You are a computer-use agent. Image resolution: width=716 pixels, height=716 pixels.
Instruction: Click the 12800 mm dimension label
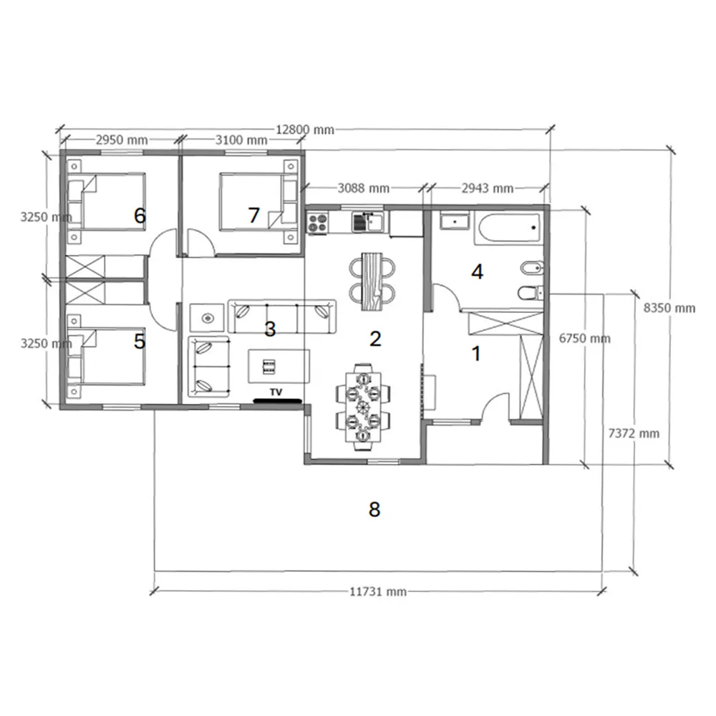tap(304, 130)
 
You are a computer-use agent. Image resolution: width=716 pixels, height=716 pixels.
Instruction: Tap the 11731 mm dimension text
tap(378, 592)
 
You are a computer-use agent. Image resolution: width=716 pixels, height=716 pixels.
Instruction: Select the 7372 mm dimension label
tap(634, 433)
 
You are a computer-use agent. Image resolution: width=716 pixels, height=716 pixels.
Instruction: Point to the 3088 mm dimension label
tap(364, 188)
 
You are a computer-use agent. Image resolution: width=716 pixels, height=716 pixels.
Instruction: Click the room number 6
tap(140, 216)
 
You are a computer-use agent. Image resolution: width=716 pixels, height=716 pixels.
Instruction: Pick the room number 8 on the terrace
tap(374, 509)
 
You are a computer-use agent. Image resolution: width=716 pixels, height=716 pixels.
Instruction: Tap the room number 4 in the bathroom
tap(477, 272)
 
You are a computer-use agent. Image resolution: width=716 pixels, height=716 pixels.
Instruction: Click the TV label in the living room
tap(276, 392)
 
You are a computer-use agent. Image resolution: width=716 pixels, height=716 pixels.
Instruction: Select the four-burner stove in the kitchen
tap(318, 223)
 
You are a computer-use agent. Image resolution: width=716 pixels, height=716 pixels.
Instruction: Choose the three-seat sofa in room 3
tap(281, 316)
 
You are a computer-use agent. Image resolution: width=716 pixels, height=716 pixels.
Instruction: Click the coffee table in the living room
tap(279, 366)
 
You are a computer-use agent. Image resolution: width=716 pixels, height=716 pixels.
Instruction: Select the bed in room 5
tap(107, 356)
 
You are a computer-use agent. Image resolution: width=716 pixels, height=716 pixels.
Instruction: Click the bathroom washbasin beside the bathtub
tap(455, 221)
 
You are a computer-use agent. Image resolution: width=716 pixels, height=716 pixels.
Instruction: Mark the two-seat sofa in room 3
tap(208, 367)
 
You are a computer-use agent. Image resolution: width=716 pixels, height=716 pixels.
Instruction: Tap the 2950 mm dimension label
tap(122, 140)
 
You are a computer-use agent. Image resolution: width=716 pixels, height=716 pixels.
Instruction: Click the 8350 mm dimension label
tap(669, 308)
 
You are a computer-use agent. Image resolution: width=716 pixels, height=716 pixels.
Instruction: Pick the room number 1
tap(476, 354)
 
